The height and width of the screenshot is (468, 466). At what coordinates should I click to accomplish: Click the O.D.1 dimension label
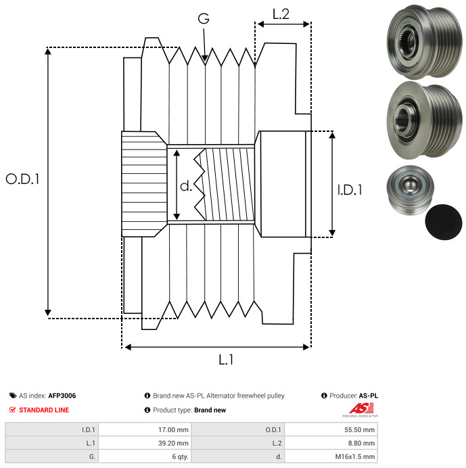23,179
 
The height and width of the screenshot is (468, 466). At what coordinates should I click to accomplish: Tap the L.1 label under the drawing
226,360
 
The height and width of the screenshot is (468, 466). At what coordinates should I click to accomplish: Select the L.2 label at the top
281,14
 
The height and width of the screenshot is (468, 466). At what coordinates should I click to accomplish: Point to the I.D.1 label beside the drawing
350,191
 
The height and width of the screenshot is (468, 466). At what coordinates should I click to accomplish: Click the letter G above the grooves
203,18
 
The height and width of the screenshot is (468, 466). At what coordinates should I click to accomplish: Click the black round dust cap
444,221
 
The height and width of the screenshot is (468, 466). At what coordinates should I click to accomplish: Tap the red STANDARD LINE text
43,410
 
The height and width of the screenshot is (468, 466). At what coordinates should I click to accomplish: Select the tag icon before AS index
13,396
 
